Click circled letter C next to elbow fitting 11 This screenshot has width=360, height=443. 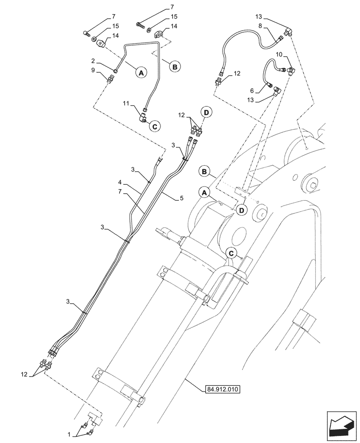point(155,126)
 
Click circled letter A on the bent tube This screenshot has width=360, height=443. point(141,73)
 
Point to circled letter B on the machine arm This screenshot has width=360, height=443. point(205,171)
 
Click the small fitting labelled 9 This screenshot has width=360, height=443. point(110,79)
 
